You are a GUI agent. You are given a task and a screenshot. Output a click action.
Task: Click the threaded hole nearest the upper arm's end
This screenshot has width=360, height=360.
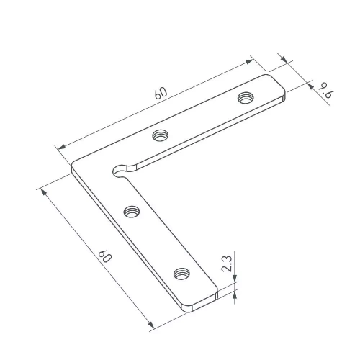[246, 97]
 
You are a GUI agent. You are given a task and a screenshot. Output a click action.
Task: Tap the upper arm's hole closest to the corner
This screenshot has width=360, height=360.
[161, 135]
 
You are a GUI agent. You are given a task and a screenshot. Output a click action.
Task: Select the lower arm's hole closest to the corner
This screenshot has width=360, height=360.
[132, 212]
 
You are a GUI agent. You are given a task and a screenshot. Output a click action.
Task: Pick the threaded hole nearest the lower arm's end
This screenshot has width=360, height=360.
[181, 274]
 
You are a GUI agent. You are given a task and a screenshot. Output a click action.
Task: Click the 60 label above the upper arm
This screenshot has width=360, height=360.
[161, 92]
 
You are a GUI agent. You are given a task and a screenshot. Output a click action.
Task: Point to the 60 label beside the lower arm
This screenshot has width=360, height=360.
[105, 256]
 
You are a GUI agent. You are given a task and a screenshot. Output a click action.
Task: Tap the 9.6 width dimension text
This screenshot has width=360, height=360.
[327, 90]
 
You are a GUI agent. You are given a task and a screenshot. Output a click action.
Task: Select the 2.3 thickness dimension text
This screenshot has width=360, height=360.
[227, 264]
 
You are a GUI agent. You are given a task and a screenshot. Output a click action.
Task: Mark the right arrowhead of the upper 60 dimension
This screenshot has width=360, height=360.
[249, 61]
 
